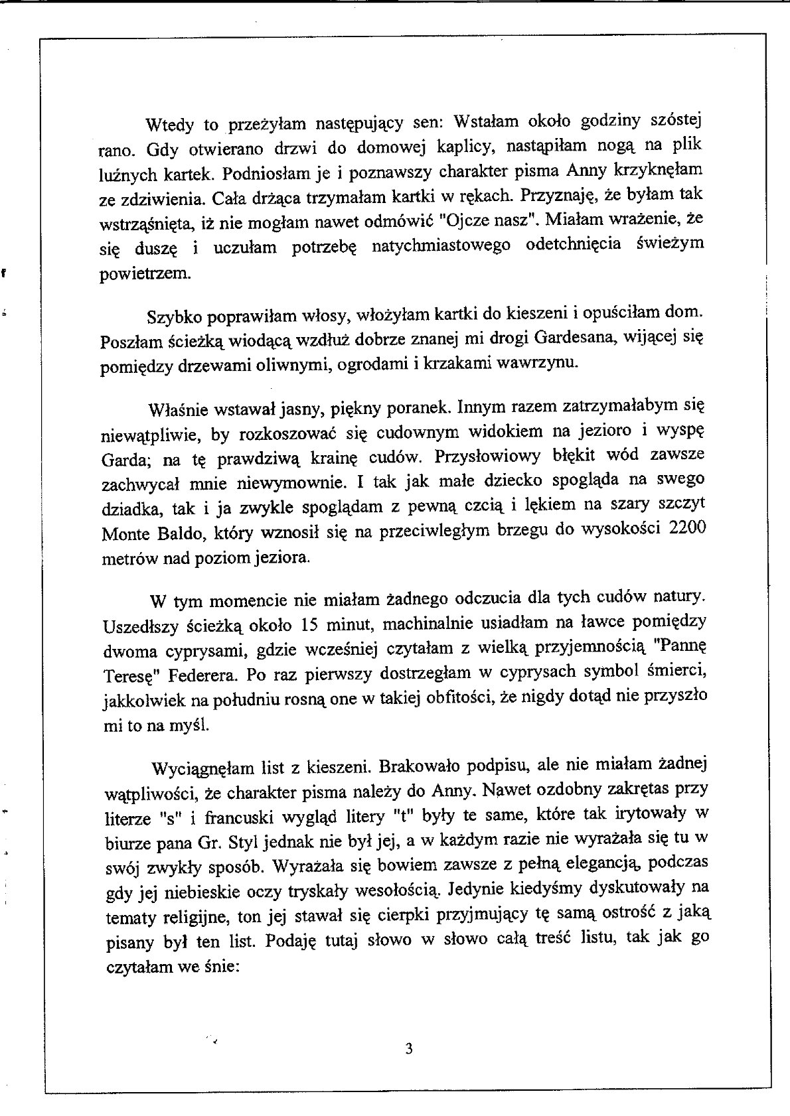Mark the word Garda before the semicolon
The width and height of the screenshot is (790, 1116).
pyautogui.click(x=120, y=461)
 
